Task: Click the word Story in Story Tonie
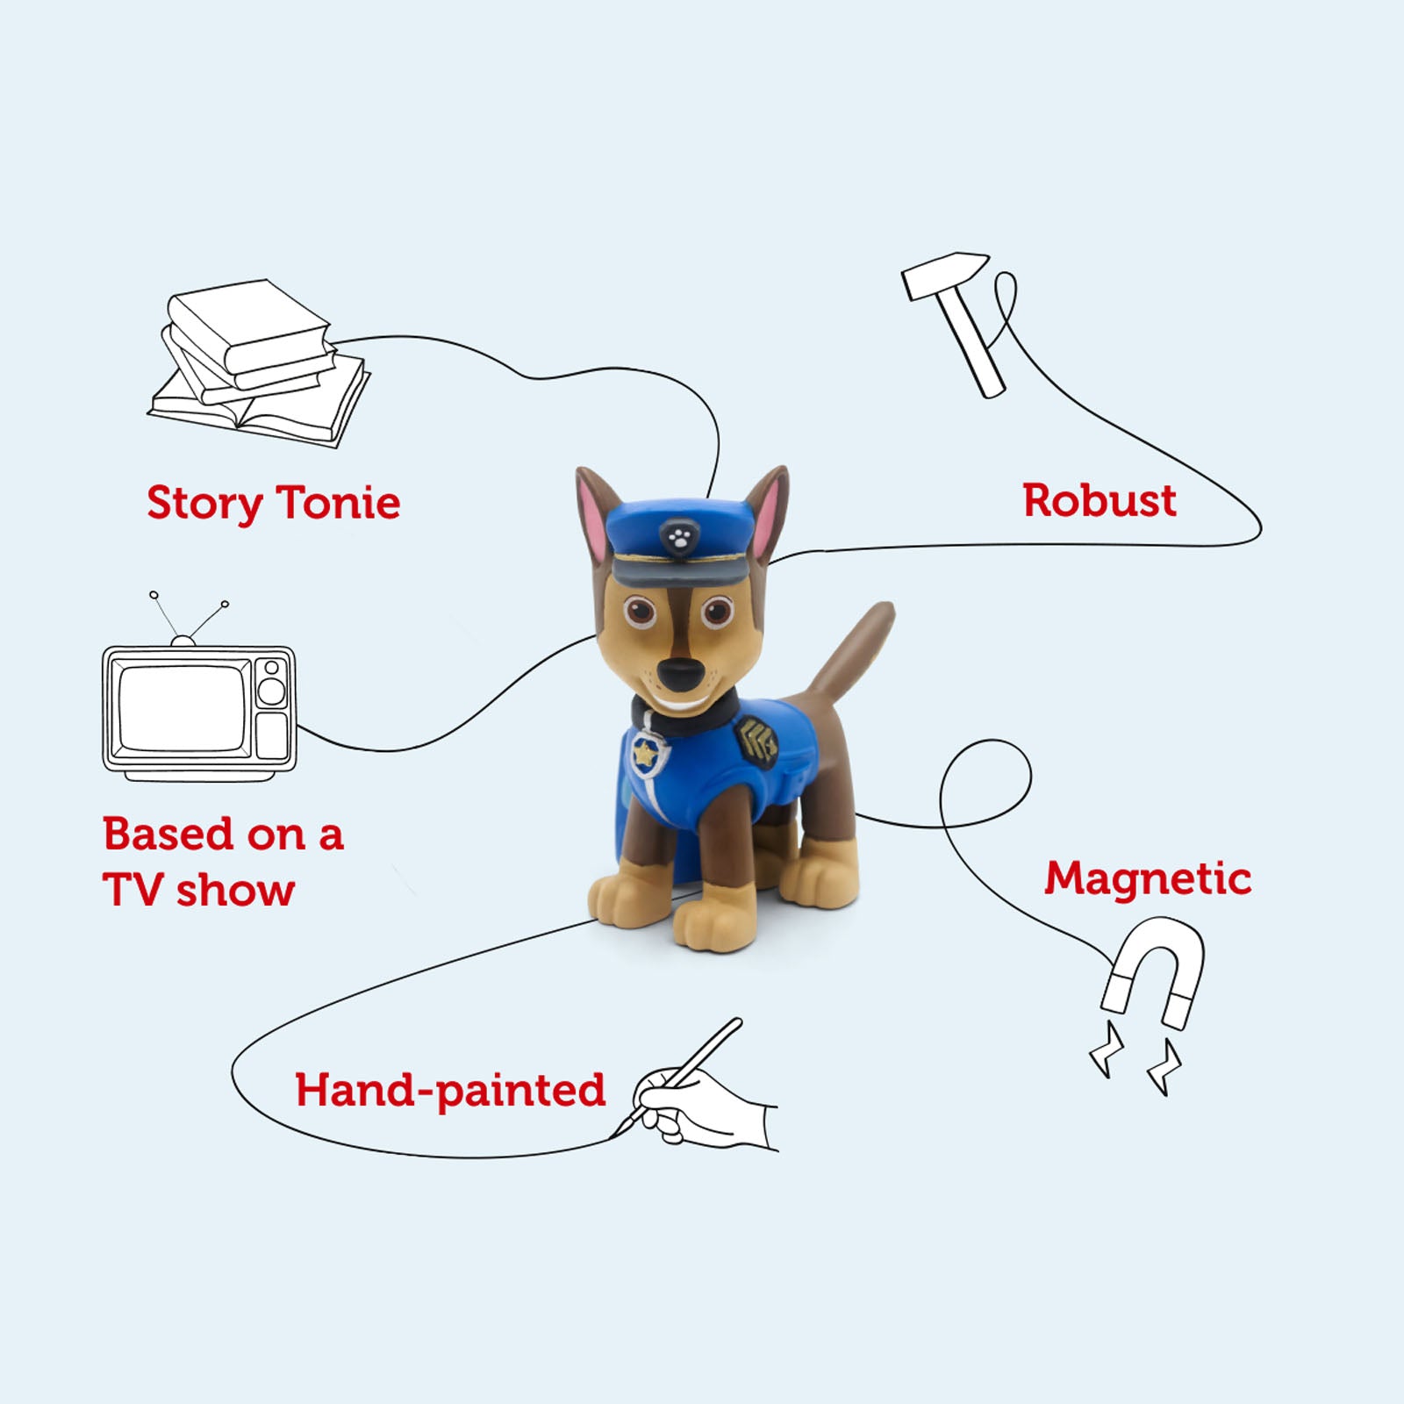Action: coord(204,504)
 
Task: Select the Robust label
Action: coord(1099,501)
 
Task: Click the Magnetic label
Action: coord(1147,878)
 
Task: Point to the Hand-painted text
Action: coord(449,1091)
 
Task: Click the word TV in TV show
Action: coord(133,890)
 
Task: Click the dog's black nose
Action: coord(680,675)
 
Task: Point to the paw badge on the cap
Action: coord(678,535)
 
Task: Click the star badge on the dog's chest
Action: coord(647,751)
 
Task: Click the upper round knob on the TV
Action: coord(272,669)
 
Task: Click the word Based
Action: coord(168,834)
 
